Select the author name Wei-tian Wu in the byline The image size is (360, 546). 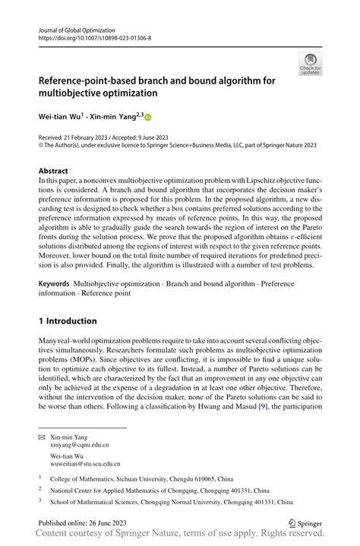pyautogui.click(x=61, y=118)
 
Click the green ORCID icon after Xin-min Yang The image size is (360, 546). pyautogui.click(x=148, y=118)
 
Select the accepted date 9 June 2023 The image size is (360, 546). pyautogui.click(x=173, y=138)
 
